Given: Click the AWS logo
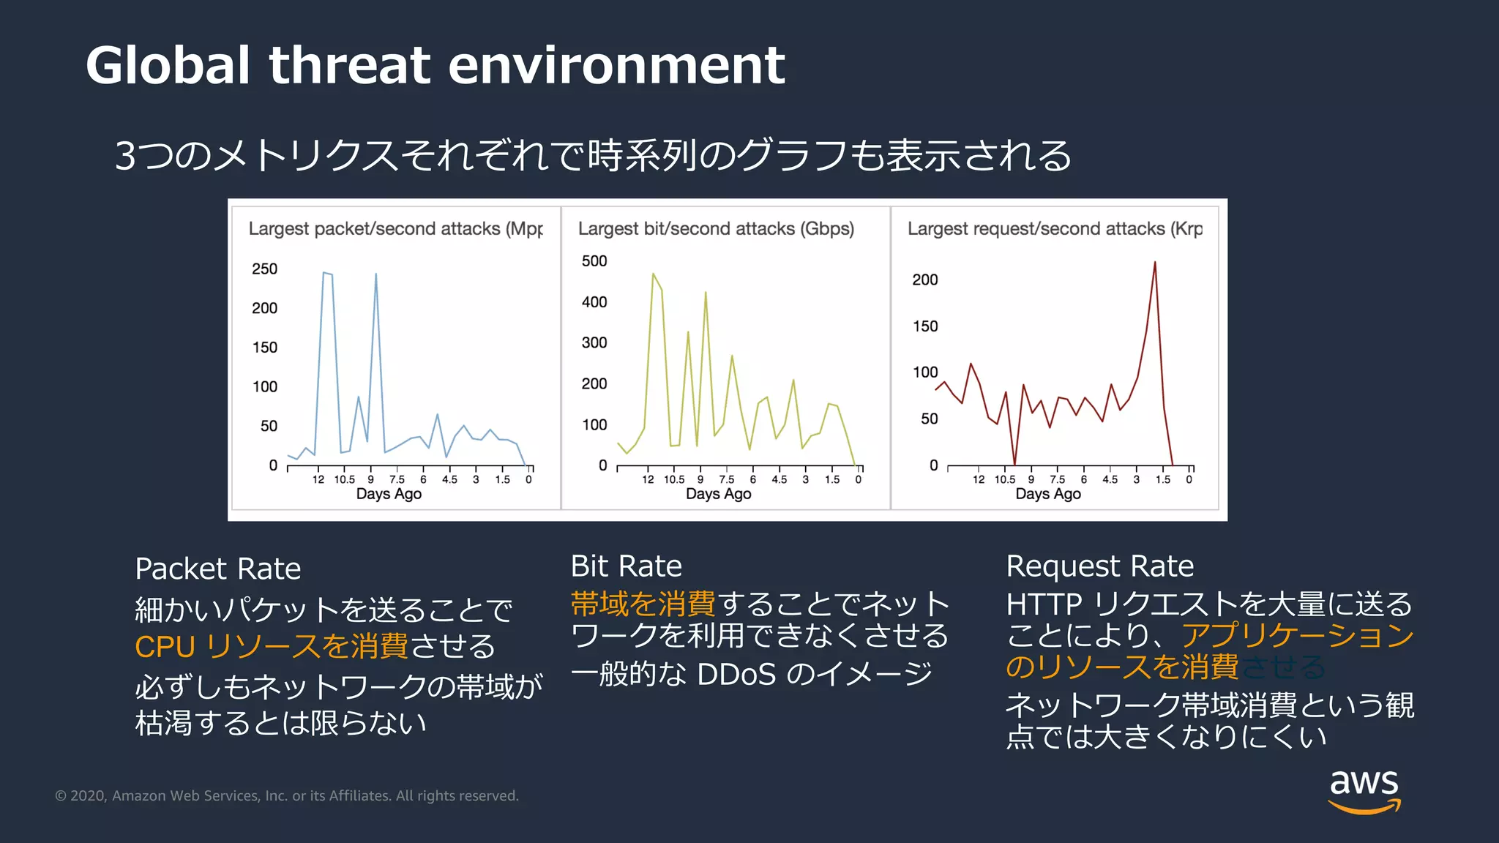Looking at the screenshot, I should tap(1364, 790).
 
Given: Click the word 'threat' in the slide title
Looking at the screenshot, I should tap(349, 66).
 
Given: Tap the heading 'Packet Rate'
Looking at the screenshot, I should tap(217, 569).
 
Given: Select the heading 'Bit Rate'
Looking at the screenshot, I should tap(626, 566).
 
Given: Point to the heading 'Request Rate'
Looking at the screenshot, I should tap(1099, 566).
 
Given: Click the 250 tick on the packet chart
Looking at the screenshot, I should tap(264, 269).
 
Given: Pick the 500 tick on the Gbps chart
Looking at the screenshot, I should tap(594, 261).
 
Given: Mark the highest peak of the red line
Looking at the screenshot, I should tap(1155, 263).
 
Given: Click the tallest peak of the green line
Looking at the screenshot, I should tap(653, 274).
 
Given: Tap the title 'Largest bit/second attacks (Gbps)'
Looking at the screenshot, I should tap(715, 229).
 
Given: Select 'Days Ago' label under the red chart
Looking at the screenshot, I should tap(1047, 494).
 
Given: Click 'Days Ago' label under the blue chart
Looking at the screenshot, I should tap(389, 494).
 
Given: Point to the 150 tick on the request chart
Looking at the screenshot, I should tap(924, 326).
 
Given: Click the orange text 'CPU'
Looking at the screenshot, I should tap(165, 647).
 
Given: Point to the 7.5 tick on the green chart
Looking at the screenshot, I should tap(726, 480).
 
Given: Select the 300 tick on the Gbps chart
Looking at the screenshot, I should tap(594, 343).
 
